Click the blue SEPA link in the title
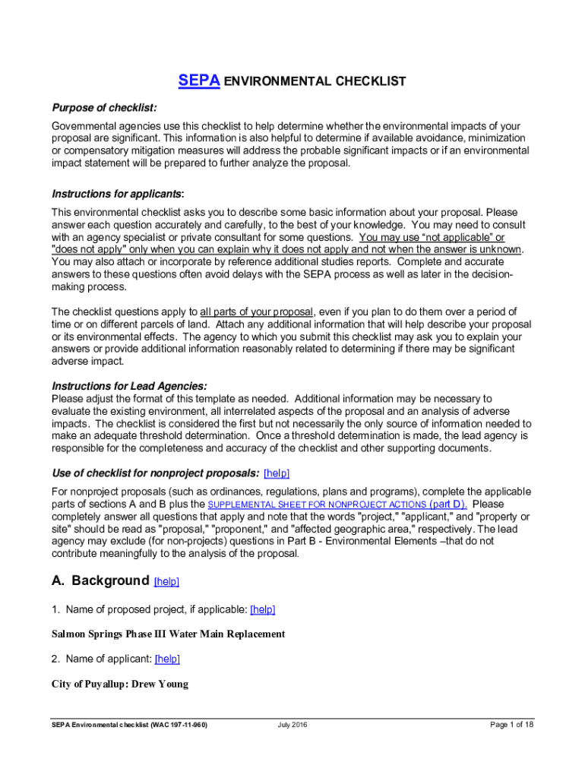coord(198,81)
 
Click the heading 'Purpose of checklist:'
coord(104,107)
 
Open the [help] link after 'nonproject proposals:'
coord(276,473)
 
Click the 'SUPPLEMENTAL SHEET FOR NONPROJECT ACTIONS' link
coord(317,504)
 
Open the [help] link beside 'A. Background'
coord(166,582)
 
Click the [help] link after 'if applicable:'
coord(262,609)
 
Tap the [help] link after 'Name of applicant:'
coord(167,659)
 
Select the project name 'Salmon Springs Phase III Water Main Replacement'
coord(168,634)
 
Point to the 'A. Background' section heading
coord(100,581)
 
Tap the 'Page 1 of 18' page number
coord(512,725)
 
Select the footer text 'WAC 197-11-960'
coord(173,725)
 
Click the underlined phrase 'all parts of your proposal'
coord(256,312)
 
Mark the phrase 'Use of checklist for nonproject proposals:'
coord(155,473)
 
